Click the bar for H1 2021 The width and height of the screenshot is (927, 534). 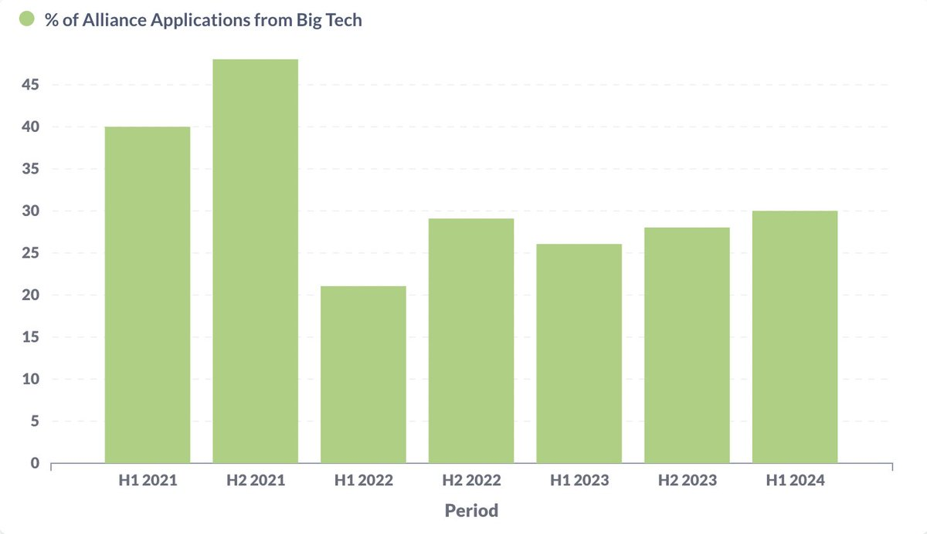tap(148, 295)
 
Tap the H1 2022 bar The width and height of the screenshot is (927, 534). tap(364, 374)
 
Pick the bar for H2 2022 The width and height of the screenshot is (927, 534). tap(471, 340)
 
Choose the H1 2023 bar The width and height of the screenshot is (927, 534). tap(579, 353)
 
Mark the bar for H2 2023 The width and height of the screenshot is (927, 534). tap(687, 345)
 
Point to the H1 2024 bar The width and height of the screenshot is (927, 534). tap(795, 336)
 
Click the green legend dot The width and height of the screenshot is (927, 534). tap(27, 20)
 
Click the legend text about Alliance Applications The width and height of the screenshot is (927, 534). tap(203, 20)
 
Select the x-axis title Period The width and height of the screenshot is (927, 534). tap(471, 510)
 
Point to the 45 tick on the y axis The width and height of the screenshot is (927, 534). tap(30, 85)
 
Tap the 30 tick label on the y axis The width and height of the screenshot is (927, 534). tap(30, 211)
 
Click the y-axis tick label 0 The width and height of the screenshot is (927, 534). tap(35, 463)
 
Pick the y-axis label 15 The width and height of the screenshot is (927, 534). tap(30, 337)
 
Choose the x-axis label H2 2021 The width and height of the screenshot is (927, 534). tap(256, 481)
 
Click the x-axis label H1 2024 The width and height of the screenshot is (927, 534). tap(795, 481)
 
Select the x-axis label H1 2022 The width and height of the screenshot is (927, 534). tap(364, 481)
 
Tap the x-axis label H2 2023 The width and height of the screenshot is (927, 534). tap(687, 481)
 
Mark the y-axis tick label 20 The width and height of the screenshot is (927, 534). tap(30, 295)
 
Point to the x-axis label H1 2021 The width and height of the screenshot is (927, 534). tap(148, 481)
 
